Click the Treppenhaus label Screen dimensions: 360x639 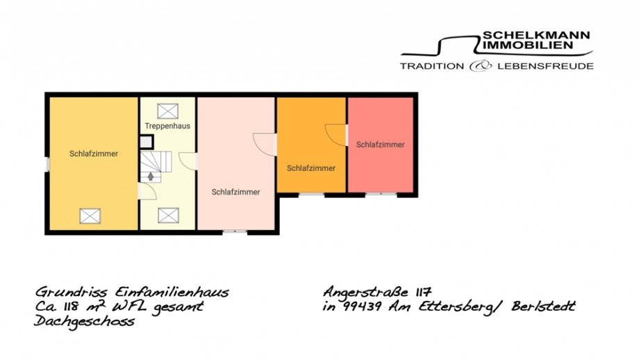(167, 126)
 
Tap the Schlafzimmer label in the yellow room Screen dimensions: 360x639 (94, 154)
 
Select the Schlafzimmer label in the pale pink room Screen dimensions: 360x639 (236, 192)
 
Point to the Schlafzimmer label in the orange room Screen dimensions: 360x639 (311, 168)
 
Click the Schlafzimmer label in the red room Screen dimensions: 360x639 (380, 145)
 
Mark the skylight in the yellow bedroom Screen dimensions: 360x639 (90, 216)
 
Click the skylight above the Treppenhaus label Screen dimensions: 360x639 (167, 111)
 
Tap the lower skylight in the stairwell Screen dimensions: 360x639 (167, 215)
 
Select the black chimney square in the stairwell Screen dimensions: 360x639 (147, 142)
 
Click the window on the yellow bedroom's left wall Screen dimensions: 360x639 (47, 164)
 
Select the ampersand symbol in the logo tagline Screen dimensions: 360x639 (480, 66)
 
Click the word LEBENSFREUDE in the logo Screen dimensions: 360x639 (545, 66)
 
